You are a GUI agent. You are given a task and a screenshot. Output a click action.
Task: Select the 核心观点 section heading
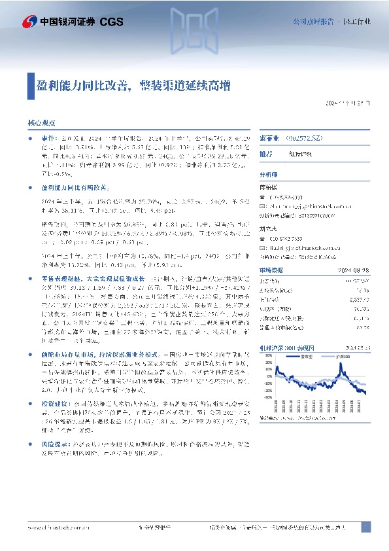41,122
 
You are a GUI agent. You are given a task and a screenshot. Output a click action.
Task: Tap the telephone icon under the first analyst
263,197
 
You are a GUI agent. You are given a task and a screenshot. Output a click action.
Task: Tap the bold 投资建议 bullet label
51,422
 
